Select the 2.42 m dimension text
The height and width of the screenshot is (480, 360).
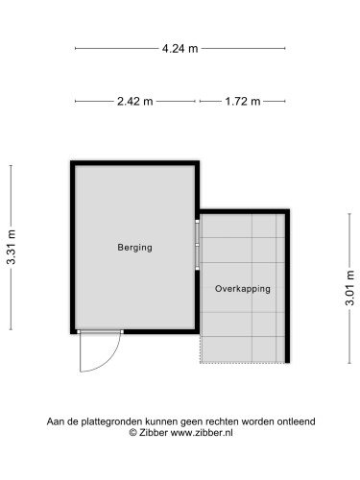tap(135, 101)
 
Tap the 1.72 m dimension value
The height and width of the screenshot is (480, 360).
tap(243, 101)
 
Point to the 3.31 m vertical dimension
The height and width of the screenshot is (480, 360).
tap(12, 248)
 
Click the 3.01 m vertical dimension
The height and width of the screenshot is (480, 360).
tap(350, 285)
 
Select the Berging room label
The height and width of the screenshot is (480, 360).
tap(133, 248)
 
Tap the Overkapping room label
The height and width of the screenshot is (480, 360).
tap(243, 288)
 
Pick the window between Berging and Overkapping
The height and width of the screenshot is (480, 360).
tap(198, 245)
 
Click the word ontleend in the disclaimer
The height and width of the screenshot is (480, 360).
tap(296, 421)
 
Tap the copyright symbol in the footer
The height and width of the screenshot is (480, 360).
tap(133, 434)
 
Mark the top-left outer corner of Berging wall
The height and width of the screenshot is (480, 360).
tap(71, 161)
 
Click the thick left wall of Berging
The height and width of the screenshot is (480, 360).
tap(73, 248)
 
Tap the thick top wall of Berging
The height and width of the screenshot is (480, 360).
tap(134, 163)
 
